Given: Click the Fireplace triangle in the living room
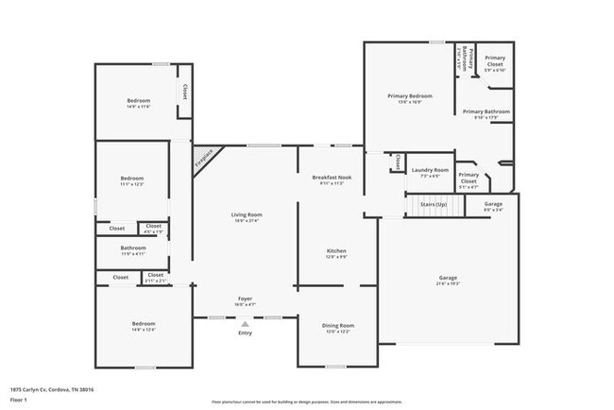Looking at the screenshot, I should click(x=201, y=156).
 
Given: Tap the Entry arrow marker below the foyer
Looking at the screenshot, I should click(x=245, y=324).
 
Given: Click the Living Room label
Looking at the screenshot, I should click(x=247, y=214).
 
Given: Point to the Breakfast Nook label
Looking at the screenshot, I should click(x=333, y=179).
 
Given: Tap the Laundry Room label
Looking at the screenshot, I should click(x=429, y=170).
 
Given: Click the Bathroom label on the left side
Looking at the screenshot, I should click(x=133, y=248).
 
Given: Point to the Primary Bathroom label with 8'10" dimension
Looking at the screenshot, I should click(x=486, y=112).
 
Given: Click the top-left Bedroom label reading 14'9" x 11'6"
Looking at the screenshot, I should click(x=138, y=101).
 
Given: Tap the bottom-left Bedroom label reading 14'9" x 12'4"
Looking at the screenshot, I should click(x=143, y=324).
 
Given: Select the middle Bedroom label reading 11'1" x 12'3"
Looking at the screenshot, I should click(x=131, y=179).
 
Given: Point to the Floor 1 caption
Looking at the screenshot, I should click(x=20, y=399).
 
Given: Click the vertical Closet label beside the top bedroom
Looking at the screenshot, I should click(x=185, y=93).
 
